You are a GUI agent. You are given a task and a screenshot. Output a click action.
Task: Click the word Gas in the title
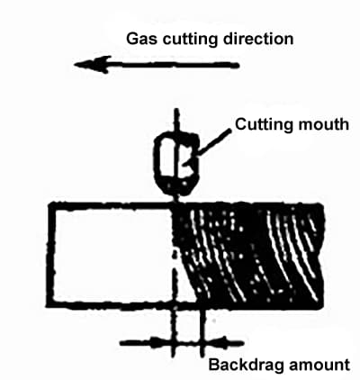coord(141,40)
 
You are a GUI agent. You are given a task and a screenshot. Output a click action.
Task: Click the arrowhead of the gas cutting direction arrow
coord(93,65)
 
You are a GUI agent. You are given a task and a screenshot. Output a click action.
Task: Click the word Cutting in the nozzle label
coord(262,124)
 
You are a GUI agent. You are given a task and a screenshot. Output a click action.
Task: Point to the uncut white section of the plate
coord(112,255)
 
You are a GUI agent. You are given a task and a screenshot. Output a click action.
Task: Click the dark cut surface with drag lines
coord(249,255)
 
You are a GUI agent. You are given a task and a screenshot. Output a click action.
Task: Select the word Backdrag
coord(247,365)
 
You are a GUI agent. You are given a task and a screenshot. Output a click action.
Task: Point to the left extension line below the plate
coord(174,332)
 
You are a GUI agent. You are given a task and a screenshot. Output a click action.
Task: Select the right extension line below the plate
coord(202,332)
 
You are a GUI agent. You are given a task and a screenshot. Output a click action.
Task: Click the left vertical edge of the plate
coord(50,255)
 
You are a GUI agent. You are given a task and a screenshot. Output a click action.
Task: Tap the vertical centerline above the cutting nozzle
coord(176,120)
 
